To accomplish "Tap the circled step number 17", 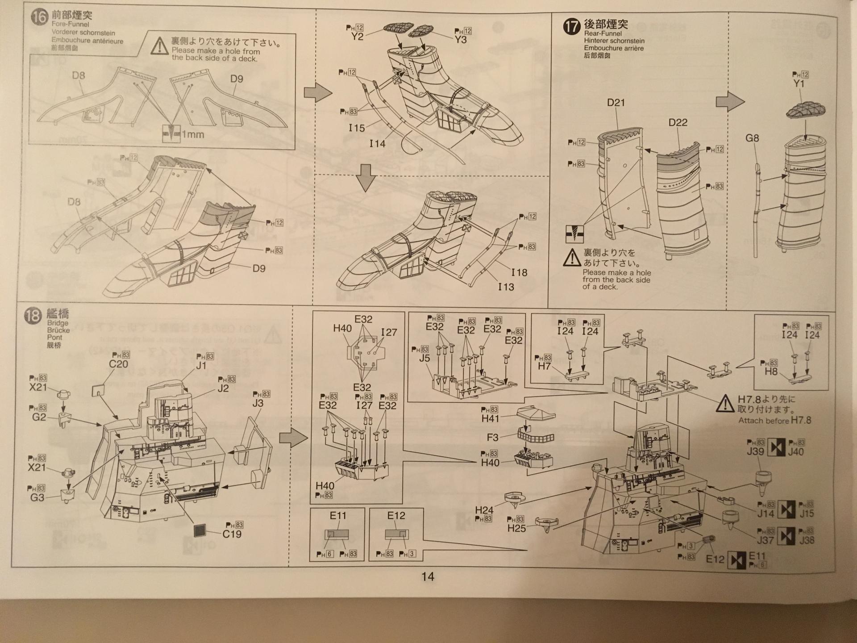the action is pos(572,27).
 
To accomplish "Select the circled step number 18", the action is pos(33,316).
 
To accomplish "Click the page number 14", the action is pos(428,576).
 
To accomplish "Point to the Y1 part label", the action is pos(799,84).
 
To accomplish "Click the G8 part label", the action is pos(752,138).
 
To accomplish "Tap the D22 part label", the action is pos(678,122).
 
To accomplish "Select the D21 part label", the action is pos(616,103).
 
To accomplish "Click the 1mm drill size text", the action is pos(193,134).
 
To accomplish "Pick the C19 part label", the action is pos(232,534).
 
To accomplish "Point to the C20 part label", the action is pos(118,364).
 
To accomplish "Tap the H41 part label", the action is pos(490,418).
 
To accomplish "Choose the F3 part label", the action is pos(492,437).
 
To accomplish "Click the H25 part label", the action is pos(516,529).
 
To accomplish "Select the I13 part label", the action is pos(506,287).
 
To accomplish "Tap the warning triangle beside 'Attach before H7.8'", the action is pos(725,404).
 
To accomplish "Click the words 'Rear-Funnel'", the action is pos(603,33).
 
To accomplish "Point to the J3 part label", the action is pos(258,403).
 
